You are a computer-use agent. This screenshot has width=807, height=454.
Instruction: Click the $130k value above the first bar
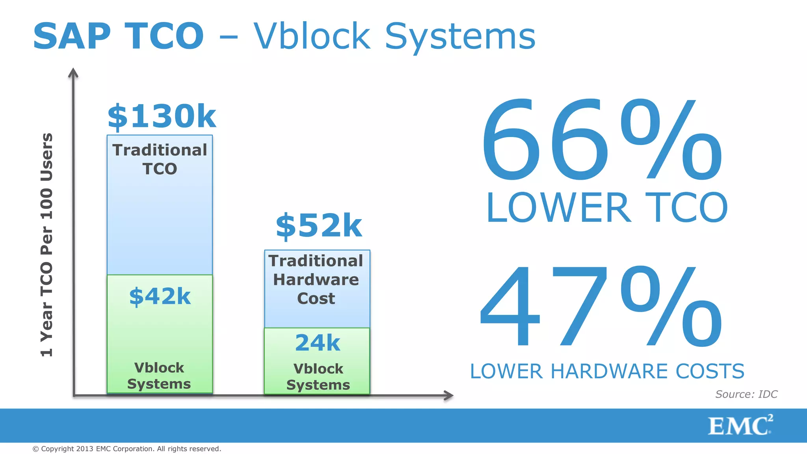pos(162,117)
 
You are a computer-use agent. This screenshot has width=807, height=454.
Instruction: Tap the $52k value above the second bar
pos(318,226)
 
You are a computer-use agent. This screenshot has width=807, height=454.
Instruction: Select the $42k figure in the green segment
pos(160,296)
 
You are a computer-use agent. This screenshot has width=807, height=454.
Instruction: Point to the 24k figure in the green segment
pos(317,342)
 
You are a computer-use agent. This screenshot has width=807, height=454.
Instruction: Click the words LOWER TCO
pos(607,208)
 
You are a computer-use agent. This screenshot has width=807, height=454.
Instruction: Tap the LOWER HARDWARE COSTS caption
pos(607,371)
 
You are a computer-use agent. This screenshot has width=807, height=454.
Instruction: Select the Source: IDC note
pos(746,394)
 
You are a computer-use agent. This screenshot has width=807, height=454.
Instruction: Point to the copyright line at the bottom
pos(126,449)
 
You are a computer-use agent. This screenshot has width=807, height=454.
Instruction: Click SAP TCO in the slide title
pos(118,36)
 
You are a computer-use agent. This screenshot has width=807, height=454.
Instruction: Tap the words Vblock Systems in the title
pos(394,37)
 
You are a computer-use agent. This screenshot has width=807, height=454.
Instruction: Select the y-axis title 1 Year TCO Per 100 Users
pos(46,244)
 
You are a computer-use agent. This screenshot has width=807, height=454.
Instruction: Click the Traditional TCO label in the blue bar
pos(160,159)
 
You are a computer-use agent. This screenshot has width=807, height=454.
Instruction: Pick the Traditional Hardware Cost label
pos(316,279)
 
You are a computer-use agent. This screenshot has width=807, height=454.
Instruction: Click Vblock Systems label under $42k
pos(159,376)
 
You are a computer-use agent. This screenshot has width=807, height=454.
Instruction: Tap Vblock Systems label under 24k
pos(318,377)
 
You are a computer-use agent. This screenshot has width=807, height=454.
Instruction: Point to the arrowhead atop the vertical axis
pos(73,73)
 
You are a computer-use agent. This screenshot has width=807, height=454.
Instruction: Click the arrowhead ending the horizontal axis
pos(448,395)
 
